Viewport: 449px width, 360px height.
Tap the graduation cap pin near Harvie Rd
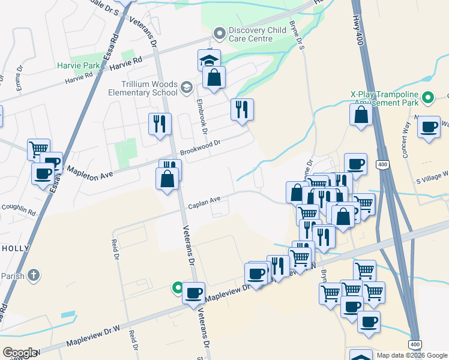click(x=209, y=61)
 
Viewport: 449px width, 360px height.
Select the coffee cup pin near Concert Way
click(x=429, y=127)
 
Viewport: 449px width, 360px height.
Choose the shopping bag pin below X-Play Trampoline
click(x=361, y=115)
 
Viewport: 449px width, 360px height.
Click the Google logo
click(x=20, y=352)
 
